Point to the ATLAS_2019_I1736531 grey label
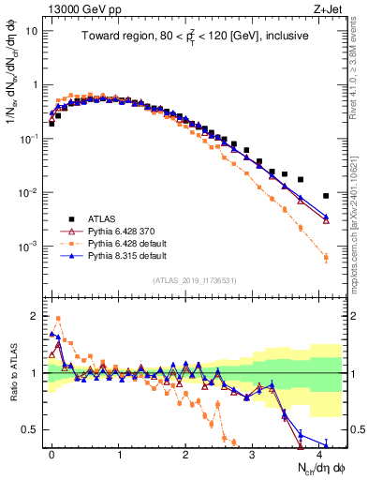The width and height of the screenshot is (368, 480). click(x=194, y=280)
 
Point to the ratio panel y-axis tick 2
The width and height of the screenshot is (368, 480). click(x=36, y=316)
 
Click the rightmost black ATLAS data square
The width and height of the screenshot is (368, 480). click(x=325, y=196)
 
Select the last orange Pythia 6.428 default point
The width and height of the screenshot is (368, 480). click(x=325, y=258)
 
